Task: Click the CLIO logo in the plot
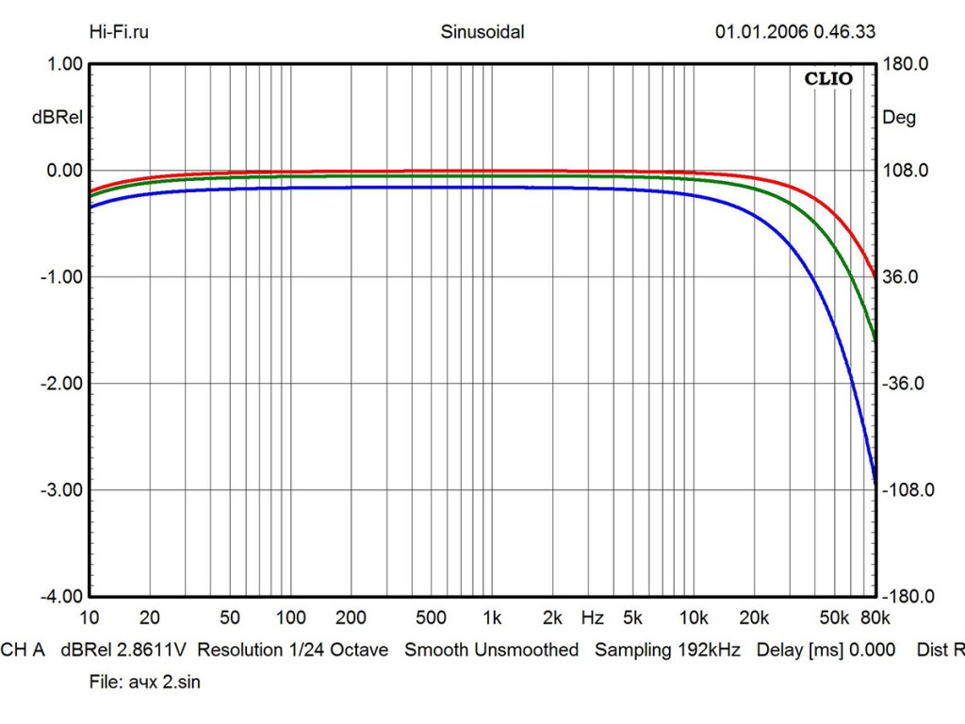(x=828, y=79)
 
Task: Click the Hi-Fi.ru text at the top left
(x=119, y=32)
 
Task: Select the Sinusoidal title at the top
(x=482, y=32)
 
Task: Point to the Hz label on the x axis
(x=593, y=618)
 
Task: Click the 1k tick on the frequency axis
(x=491, y=618)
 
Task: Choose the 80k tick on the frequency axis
(x=875, y=618)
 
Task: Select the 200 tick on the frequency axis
(x=351, y=618)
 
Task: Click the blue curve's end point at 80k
(x=875, y=482)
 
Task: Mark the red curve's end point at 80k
(x=875, y=279)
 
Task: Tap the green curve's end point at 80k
(x=875, y=340)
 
